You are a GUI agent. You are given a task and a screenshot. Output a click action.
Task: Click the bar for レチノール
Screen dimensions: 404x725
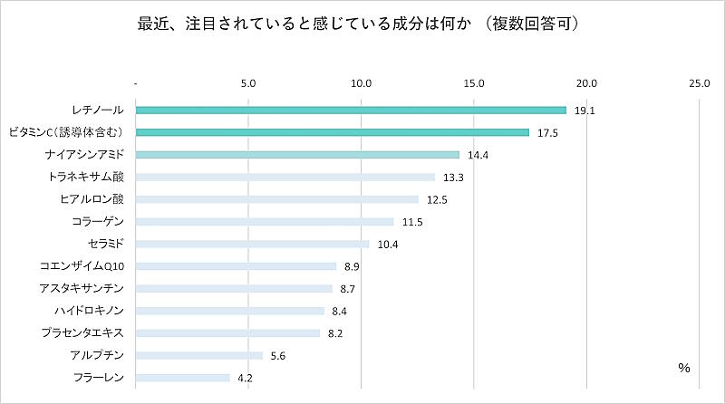(351, 111)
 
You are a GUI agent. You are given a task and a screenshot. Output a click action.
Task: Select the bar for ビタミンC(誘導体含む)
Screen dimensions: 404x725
(333, 132)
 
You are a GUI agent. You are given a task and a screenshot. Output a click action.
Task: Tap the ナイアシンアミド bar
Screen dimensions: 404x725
(297, 155)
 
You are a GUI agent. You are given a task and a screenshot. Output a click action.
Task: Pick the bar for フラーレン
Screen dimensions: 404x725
(183, 377)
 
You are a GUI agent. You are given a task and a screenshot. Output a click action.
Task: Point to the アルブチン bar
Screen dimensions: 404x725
(199, 355)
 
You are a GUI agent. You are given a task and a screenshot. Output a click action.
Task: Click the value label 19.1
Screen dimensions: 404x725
(585, 111)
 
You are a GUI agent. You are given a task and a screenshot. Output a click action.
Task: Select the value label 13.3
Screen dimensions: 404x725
(454, 178)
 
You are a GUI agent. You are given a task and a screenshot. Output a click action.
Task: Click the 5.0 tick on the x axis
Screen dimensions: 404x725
(249, 84)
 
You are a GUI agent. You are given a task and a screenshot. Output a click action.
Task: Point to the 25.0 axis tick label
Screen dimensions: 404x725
(699, 84)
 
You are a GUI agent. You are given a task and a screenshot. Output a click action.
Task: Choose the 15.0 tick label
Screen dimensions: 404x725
(474, 84)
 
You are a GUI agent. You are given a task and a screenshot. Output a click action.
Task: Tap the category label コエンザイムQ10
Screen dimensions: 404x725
(88, 265)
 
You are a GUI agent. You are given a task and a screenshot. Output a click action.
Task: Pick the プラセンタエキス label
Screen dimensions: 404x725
(88, 332)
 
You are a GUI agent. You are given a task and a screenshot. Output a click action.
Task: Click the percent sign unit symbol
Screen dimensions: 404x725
(683, 368)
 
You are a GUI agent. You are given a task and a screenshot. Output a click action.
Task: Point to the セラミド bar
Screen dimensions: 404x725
(253, 244)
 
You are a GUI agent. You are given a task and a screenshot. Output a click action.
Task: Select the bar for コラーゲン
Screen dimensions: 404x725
(265, 221)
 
